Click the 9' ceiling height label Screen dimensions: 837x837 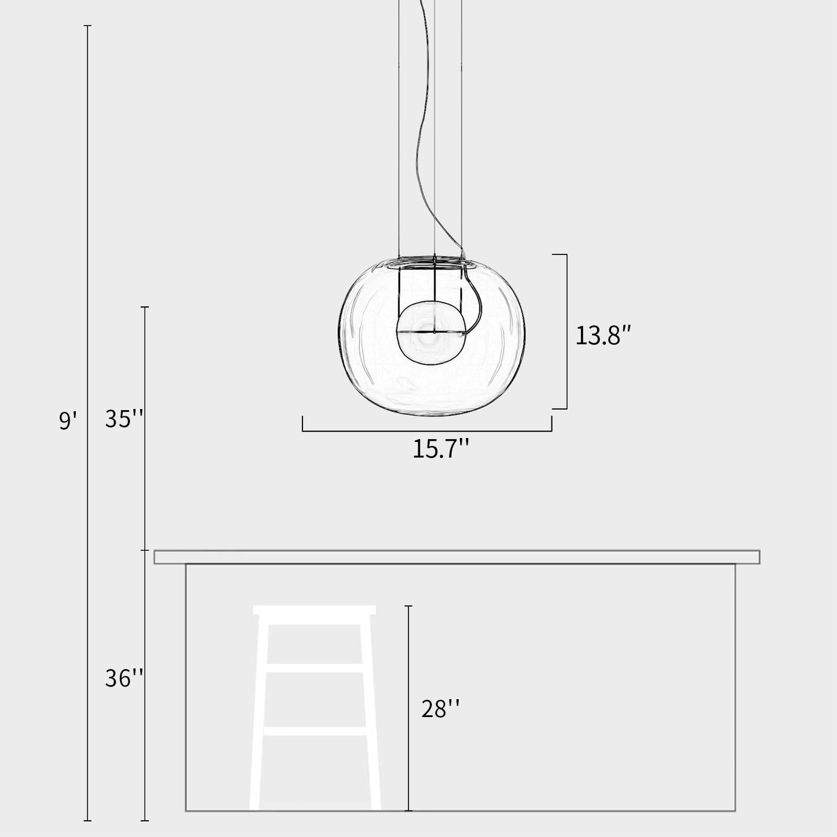pos(67,420)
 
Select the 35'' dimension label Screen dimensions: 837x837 pos(124,418)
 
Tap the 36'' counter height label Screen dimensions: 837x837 pos(124,678)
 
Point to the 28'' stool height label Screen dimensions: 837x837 pos(441,708)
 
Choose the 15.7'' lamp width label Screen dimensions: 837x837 pos(440,449)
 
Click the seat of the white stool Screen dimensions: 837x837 pos(315,610)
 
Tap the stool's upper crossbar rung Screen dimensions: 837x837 pos(315,668)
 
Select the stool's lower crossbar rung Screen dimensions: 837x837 pos(315,732)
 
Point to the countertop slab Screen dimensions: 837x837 pos(456,557)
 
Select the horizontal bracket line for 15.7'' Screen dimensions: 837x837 pos(427,431)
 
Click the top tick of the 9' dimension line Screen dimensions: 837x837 pos(88,26)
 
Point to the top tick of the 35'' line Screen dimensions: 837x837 pos(145,307)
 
